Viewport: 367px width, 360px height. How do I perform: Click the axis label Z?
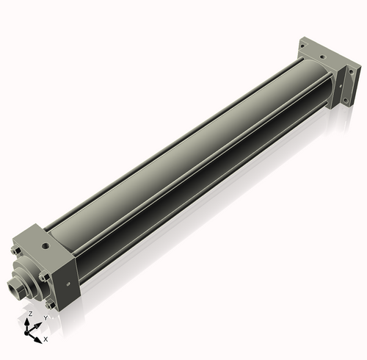(x=31, y=314)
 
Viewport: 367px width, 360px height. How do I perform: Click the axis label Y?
(x=46, y=318)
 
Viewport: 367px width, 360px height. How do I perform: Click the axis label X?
(x=46, y=339)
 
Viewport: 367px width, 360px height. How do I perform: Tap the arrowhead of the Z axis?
(x=27, y=322)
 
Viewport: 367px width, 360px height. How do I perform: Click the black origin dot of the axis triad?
(x=26, y=333)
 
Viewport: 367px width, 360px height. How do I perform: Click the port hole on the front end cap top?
(x=46, y=245)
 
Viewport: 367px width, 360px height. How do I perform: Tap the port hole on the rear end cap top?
(x=323, y=57)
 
